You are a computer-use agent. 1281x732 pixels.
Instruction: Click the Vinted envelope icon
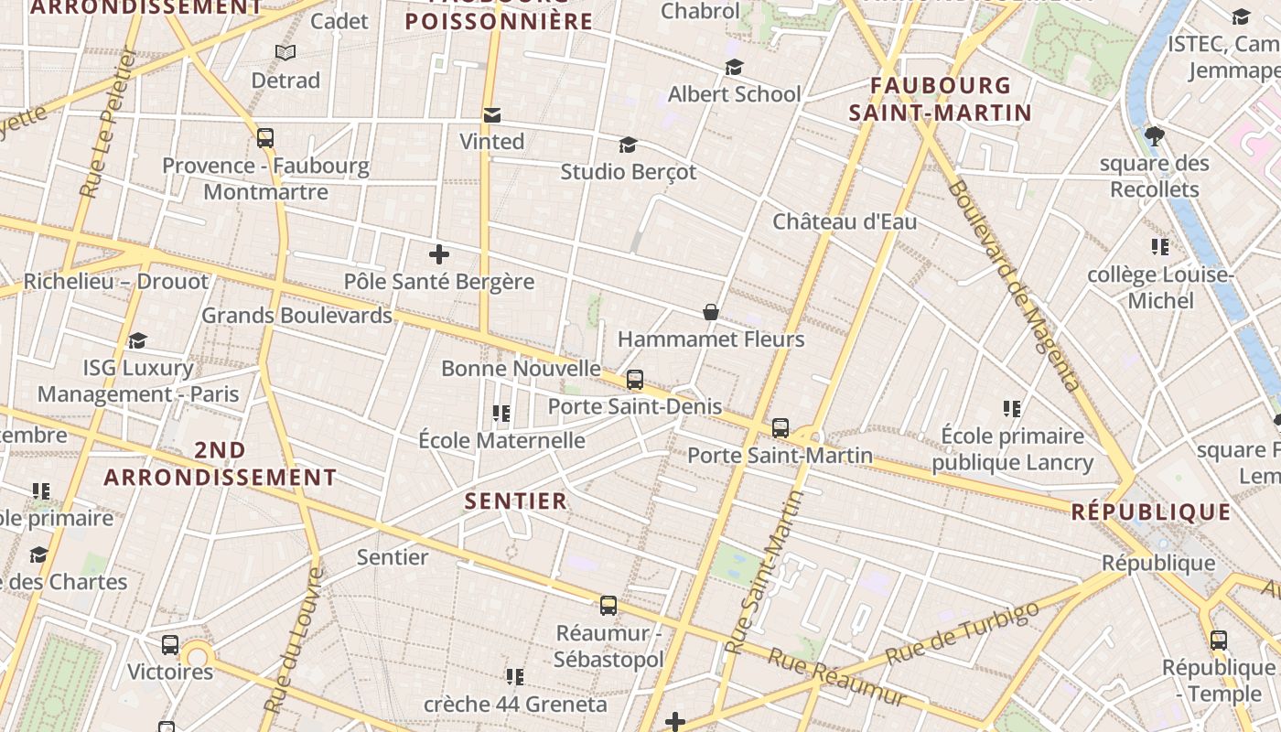click(492, 115)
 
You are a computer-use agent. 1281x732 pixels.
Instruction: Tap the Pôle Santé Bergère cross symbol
click(439, 254)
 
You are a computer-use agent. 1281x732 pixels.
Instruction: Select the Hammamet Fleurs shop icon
click(710, 313)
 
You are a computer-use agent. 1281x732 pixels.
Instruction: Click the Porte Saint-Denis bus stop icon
click(635, 379)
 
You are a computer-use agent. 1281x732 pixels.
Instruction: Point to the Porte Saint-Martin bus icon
click(780, 427)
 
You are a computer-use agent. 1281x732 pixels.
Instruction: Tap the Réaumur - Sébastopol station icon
click(608, 606)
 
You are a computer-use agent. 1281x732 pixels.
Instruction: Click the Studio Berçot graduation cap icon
click(628, 145)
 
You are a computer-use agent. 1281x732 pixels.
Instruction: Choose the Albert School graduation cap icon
click(734, 68)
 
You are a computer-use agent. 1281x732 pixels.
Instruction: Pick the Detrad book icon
click(285, 53)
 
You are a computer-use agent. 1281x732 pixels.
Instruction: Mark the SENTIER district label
click(516, 501)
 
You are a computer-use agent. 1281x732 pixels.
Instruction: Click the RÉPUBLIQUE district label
click(1151, 512)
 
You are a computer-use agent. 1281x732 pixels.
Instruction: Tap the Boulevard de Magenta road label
click(1016, 285)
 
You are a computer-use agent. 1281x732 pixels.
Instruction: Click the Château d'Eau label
click(845, 221)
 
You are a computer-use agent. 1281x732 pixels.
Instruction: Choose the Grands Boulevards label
click(296, 316)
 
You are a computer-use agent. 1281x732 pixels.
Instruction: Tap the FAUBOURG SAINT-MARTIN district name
click(941, 99)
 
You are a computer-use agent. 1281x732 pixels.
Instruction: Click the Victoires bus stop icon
click(170, 645)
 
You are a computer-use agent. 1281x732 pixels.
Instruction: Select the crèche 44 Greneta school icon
click(515, 677)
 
